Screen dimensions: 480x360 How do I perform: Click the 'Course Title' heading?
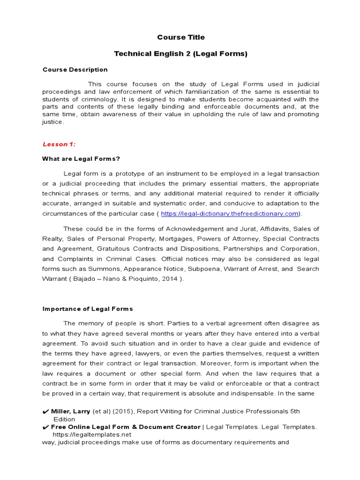coord(180,37)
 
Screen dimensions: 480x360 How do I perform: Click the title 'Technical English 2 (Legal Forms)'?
coord(180,54)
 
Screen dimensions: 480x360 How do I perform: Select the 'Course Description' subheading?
coord(75,70)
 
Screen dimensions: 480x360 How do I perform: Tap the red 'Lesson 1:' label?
coord(59,144)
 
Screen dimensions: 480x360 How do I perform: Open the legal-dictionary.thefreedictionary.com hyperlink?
coord(230,214)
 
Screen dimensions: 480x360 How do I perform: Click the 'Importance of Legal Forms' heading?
coord(88,309)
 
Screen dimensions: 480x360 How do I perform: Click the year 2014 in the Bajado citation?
coord(170,279)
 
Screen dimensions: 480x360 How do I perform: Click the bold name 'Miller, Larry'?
coord(71,412)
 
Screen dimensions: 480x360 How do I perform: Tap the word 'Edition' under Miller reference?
coord(65,419)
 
